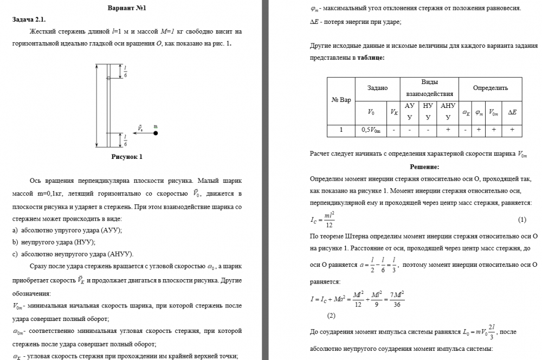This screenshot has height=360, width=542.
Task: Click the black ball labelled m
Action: pyautogui.click(x=155, y=132)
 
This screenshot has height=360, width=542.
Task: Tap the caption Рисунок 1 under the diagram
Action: pyautogui.click(x=126, y=158)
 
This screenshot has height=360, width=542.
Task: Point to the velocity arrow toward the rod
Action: pyautogui.click(x=143, y=132)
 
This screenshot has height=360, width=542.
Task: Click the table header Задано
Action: pyautogui.click(x=377, y=88)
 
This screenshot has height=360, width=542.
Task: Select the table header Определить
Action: pyautogui.click(x=490, y=88)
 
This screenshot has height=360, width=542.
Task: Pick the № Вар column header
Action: pyautogui.click(x=341, y=100)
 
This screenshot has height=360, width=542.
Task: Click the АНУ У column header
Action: pyautogui.click(x=448, y=112)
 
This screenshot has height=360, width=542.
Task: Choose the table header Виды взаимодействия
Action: pyautogui.click(x=429, y=88)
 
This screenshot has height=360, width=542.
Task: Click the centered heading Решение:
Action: pyautogui.click(x=424, y=166)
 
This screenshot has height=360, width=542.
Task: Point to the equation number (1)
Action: pyautogui.click(x=522, y=220)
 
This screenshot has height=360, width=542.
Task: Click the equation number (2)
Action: pyautogui.click(x=332, y=315)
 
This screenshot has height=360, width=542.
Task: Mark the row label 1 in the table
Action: pyautogui.click(x=341, y=130)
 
